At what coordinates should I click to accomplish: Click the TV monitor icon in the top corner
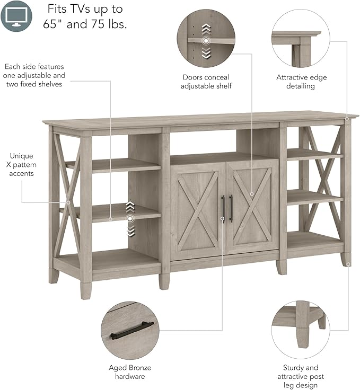tap(16, 16)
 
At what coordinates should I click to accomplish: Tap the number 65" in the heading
tap(56, 24)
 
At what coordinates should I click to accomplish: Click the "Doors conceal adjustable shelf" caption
tap(206, 82)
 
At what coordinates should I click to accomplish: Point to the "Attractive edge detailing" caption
tap(302, 82)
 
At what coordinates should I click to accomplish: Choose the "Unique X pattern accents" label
tap(21, 165)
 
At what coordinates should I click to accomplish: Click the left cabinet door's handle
tap(223, 209)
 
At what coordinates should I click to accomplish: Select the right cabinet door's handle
tap(231, 209)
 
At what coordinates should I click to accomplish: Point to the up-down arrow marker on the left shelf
tap(130, 218)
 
